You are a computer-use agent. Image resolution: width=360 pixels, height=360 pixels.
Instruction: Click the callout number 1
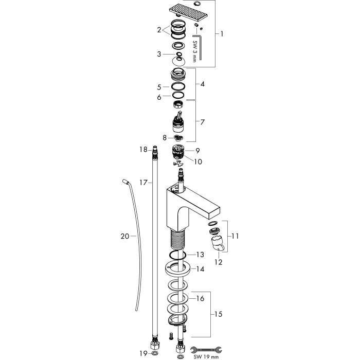point(222,34)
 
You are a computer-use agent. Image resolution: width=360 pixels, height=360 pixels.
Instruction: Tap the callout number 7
point(202,122)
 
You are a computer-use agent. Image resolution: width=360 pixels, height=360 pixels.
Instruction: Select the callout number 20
point(125,236)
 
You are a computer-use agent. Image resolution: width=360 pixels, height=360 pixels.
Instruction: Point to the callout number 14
point(200,269)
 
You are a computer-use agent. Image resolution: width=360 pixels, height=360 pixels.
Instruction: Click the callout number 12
point(219,262)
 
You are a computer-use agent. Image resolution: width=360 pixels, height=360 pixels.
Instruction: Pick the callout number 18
point(143,150)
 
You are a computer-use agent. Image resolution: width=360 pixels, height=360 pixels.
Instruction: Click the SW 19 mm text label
point(206,357)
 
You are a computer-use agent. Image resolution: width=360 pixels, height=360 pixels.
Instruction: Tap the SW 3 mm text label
point(194,51)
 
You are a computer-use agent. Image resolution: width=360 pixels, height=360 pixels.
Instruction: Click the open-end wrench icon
point(206,350)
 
